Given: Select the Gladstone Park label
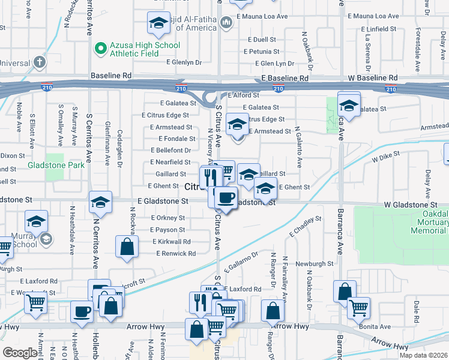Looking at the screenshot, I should click(56, 164).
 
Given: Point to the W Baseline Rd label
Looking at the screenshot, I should click(373, 78).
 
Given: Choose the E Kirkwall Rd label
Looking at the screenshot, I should click(171, 241).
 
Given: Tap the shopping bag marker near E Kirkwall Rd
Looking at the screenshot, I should click(127, 247).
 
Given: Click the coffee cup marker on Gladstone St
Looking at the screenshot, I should click(226, 197).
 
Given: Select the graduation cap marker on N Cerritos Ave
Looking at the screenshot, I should click(100, 202).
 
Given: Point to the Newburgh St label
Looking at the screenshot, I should click(314, 263).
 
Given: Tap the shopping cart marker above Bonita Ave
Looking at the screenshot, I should click(358, 308).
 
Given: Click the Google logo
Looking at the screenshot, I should click(20, 352).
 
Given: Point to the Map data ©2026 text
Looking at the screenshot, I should click(423, 355).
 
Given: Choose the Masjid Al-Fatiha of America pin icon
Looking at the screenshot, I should click(226, 23).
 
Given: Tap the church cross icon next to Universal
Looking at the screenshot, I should click(40, 62).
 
